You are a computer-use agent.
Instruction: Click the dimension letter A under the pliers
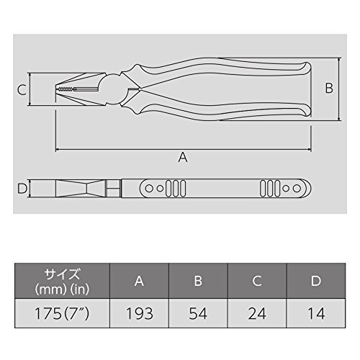tap(183, 157)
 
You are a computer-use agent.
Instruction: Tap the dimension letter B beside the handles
tap(329, 88)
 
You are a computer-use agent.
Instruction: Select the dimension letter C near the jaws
tap(22, 90)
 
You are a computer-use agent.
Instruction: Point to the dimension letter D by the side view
tap(22, 189)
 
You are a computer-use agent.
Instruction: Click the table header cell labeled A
tap(139, 281)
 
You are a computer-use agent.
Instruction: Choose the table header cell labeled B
tap(198, 281)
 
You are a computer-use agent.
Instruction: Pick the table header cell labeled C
tap(257, 281)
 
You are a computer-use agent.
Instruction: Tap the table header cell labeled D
tap(316, 281)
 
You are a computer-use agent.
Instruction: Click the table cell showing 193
tap(139, 313)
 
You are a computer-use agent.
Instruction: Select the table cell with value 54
tap(198, 313)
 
